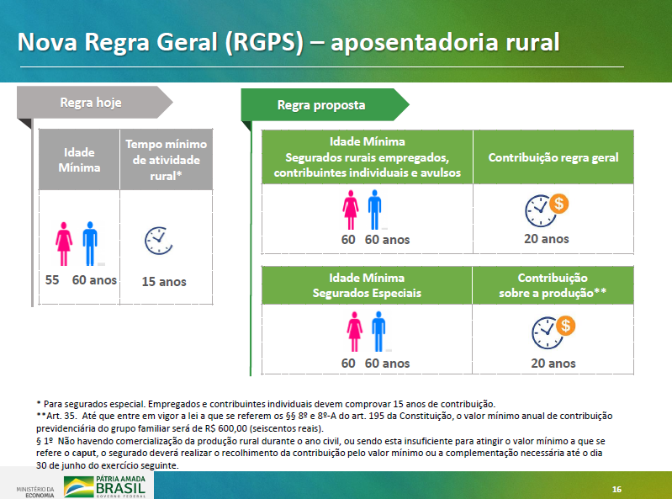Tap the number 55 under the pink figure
point(52,280)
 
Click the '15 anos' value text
point(164,282)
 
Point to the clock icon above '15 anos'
point(159,241)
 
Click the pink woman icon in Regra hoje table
point(64,243)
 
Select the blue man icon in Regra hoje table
point(90,243)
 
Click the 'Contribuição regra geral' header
point(553,157)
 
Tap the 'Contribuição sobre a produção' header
point(553,285)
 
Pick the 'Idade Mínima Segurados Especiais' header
point(367,285)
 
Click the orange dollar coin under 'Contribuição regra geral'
point(558,204)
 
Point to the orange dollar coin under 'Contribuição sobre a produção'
point(566,326)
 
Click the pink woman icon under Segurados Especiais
point(354,332)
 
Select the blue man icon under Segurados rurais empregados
point(374,210)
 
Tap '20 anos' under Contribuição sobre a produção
point(553,364)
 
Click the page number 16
point(616,489)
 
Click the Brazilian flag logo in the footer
point(78,486)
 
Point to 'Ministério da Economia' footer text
point(35,492)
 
